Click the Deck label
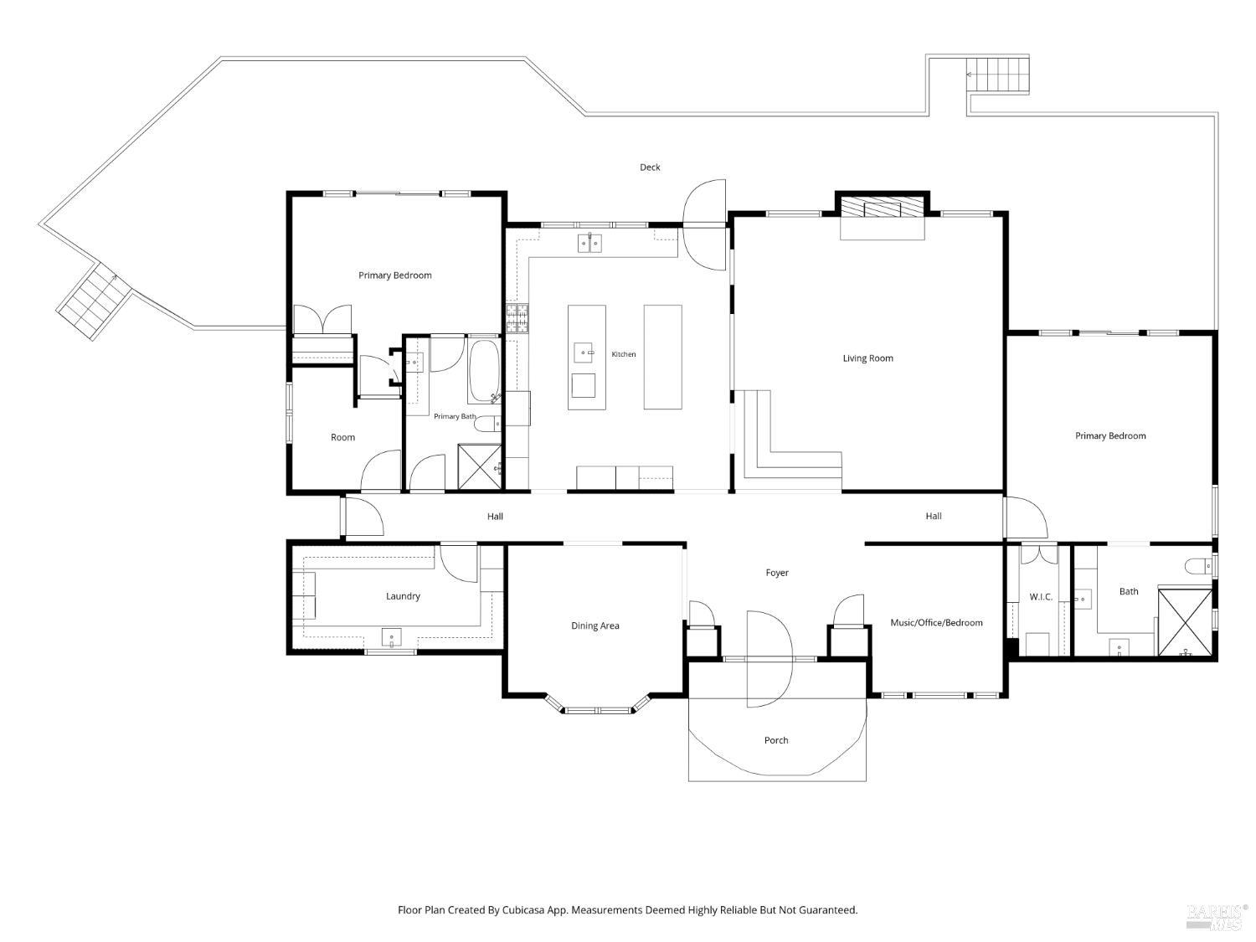[x=650, y=167]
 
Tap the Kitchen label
[x=623, y=354]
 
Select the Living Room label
[x=867, y=358]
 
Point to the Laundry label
[x=403, y=596]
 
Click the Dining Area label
[x=595, y=625]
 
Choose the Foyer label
[x=777, y=573]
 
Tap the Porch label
[x=776, y=740]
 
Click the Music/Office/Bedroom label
[x=936, y=622]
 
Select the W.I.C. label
[x=1041, y=596]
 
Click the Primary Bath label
[x=455, y=416]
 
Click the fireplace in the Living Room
[x=882, y=208]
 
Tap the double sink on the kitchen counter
[x=589, y=243]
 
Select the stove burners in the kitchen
[x=517, y=318]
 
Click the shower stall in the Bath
[x=1185, y=622]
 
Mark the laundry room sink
[x=391, y=637]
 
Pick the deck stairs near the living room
[x=998, y=75]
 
